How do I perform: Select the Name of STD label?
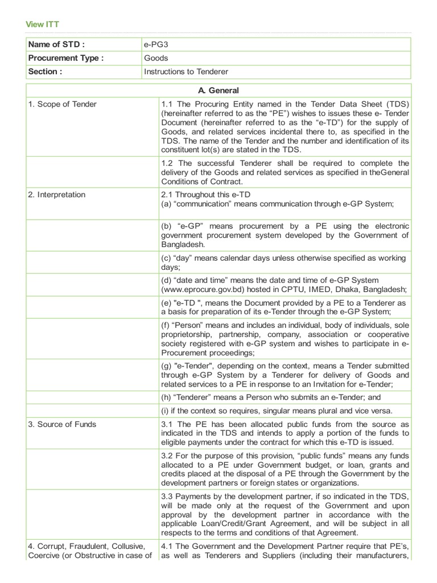click(56, 44)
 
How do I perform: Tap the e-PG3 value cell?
click(156, 44)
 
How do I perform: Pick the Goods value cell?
click(155, 58)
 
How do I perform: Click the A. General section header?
click(218, 91)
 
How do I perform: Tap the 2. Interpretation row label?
click(57, 194)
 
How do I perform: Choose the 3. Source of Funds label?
click(63, 424)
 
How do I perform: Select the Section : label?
click(45, 72)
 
